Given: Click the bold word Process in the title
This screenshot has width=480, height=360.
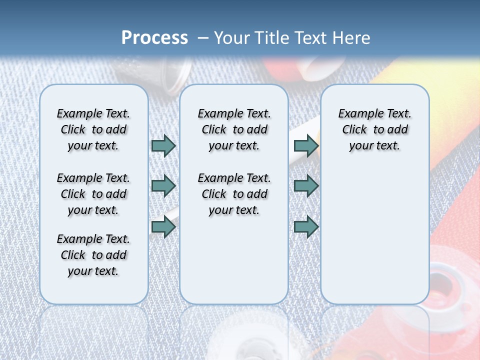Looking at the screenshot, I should click(x=154, y=38).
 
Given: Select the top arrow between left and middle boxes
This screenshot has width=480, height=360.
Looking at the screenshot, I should click(x=163, y=145).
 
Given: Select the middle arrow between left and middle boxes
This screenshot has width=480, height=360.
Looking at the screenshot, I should click(x=163, y=186).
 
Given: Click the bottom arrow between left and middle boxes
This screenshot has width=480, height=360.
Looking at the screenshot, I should click(x=163, y=227).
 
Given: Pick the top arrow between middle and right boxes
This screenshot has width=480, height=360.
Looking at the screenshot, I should click(x=306, y=145).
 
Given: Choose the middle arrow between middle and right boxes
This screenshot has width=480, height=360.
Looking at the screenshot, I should click(x=306, y=186).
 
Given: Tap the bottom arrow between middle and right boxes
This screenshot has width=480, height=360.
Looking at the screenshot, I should click(x=306, y=227).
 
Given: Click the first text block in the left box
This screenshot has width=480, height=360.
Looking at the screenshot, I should click(x=93, y=129).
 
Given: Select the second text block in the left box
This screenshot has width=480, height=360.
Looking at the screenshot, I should click(x=93, y=194).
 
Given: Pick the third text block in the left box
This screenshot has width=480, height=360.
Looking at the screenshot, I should click(x=93, y=255).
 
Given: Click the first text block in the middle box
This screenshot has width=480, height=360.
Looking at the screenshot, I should click(x=234, y=129).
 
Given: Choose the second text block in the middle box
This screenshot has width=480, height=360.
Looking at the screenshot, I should click(x=234, y=194).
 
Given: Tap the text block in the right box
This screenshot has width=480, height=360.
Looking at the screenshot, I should click(x=375, y=129).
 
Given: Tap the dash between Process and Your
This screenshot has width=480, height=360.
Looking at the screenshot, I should click(x=202, y=38).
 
